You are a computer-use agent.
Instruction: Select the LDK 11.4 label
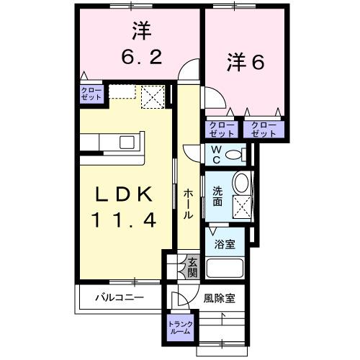point(123,207)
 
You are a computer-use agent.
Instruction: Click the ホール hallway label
point(187,204)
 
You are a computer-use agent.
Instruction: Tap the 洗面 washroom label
point(217,197)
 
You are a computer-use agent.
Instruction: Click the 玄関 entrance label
point(192,268)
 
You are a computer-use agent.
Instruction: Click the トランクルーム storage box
point(179,328)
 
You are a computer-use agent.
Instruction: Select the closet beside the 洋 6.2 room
point(91,94)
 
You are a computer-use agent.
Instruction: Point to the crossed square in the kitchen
point(152,96)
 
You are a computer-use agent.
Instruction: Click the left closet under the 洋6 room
point(222,129)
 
